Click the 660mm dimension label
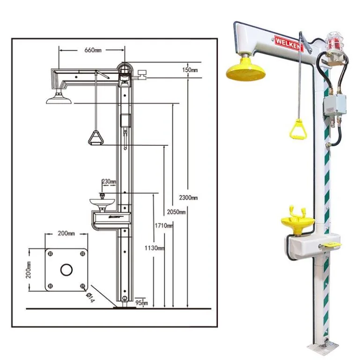point(92,50)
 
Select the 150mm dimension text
point(191,70)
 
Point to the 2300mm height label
point(189,198)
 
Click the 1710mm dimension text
point(164,226)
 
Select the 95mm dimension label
point(141,303)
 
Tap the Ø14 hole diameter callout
point(91,297)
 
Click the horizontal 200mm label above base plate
point(66,233)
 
